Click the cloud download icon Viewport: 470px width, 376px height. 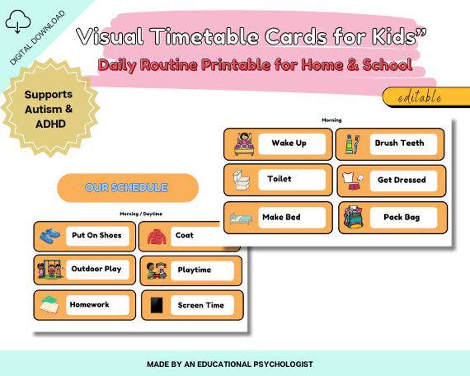tap(18, 22)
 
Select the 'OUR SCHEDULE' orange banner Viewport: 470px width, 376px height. tap(127, 188)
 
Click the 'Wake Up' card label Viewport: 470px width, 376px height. tap(289, 143)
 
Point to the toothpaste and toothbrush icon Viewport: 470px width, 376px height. tap(352, 144)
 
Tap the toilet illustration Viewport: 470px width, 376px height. tap(240, 180)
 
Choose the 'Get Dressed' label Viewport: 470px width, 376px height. tap(401, 180)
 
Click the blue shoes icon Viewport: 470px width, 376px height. tap(50, 236)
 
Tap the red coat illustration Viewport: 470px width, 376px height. tap(156, 236)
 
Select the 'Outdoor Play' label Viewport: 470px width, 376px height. tap(96, 269)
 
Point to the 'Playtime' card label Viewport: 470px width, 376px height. tap(195, 270)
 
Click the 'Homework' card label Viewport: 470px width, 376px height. tap(90, 305)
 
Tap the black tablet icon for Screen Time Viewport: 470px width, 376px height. tap(156, 305)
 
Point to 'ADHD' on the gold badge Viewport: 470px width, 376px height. tap(50, 124)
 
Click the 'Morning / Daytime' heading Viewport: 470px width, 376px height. tap(141, 214)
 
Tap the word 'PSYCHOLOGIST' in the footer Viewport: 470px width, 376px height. tap(282, 364)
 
